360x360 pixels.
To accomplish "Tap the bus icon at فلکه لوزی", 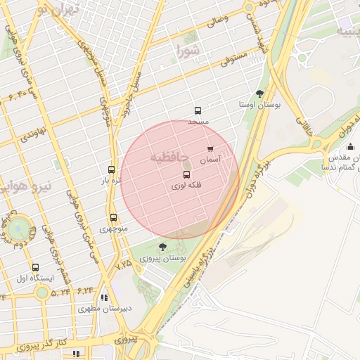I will click(x=186, y=174).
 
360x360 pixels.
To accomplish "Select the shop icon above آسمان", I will click(x=210, y=149).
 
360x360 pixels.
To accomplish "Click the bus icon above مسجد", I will click(x=198, y=110).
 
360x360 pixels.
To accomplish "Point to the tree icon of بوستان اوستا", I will click(x=260, y=93).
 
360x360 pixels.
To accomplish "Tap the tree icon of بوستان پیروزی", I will click(x=163, y=247).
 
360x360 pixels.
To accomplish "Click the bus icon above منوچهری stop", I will click(x=113, y=217).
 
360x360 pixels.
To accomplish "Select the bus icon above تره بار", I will click(x=111, y=169).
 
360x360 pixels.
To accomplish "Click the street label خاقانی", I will click(x=304, y=124).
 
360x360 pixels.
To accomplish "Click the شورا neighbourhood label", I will click(x=188, y=51).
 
